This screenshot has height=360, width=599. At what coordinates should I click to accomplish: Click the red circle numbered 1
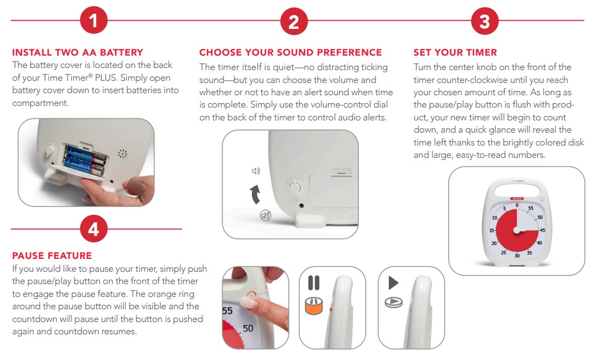coord(94,20)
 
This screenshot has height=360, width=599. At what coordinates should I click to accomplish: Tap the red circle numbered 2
coord(294,21)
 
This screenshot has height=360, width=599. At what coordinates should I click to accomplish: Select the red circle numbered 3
coord(485,21)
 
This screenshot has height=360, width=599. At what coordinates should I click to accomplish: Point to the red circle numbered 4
coord(94,229)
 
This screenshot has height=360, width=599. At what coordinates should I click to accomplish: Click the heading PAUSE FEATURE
coord(52,256)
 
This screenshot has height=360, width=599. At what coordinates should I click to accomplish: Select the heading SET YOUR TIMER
coord(455,52)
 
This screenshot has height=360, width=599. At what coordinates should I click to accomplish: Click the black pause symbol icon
coord(313,283)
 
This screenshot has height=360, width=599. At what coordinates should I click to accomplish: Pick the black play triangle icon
coord(393,283)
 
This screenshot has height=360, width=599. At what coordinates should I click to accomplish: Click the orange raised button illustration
coord(313,306)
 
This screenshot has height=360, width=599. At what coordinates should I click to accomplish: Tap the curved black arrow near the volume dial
coord(255,194)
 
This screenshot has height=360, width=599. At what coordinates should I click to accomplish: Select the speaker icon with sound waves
coord(256,171)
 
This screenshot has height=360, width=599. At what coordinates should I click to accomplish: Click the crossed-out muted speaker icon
coord(265,216)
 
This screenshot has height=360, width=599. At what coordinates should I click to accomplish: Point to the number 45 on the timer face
coord(542,231)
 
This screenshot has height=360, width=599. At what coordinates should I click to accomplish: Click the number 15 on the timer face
coord(492,231)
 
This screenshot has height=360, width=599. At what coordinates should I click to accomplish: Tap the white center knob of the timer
coord(517,231)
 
